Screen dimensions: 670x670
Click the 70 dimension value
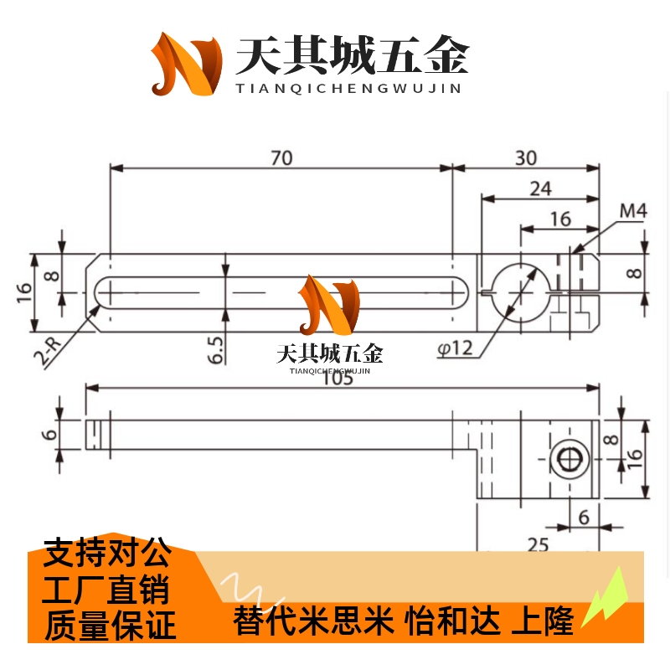coord(281,157)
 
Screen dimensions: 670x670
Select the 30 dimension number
coord(526,157)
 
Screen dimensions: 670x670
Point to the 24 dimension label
coord(540,188)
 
